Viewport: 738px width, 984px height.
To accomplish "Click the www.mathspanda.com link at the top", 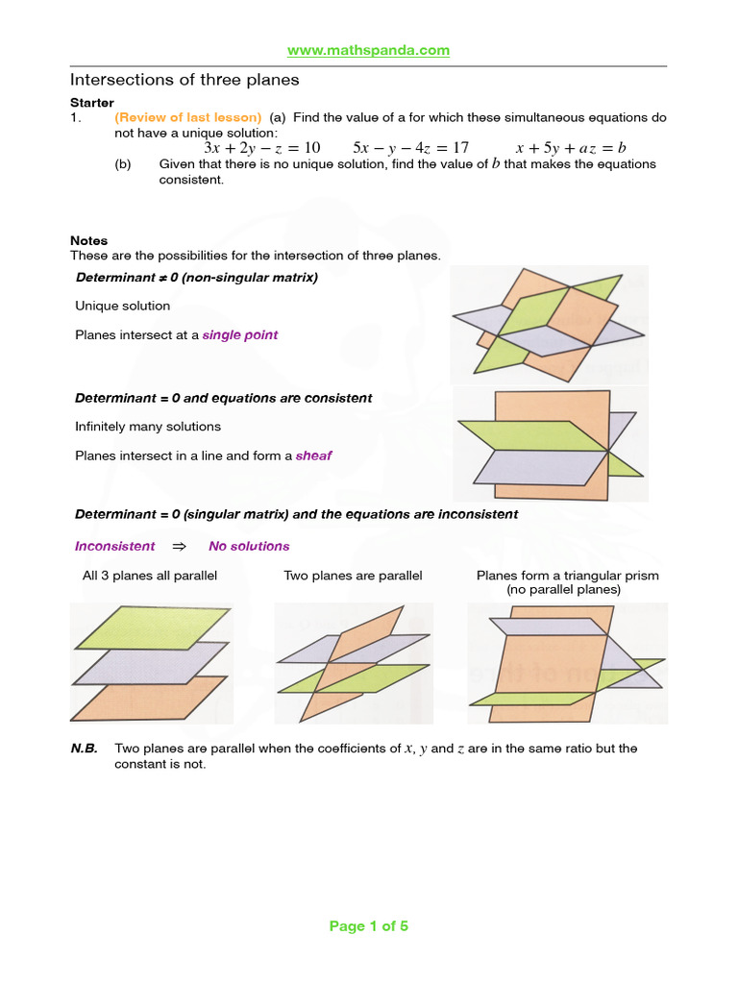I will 369,50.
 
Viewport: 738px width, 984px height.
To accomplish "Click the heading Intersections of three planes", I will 184,80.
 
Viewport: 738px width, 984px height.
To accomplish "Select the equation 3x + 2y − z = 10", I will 262,148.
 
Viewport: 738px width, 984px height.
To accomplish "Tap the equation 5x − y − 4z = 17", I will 410,148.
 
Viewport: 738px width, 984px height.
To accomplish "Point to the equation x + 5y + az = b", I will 571,148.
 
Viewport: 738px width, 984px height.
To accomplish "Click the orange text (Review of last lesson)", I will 187,117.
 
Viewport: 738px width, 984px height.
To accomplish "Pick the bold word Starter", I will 92,103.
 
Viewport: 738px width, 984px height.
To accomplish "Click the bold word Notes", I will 89,241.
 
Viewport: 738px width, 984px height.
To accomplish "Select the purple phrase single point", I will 240,335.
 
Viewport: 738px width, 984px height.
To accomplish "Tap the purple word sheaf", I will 314,456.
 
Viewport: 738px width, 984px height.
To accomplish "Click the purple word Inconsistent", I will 114,547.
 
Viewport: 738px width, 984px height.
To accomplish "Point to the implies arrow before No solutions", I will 178,547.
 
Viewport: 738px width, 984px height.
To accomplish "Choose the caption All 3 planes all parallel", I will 150,576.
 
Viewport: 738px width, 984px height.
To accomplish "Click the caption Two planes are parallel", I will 353,576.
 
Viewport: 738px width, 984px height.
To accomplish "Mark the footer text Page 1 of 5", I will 369,926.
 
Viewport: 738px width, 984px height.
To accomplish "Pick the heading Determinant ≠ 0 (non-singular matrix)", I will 197,278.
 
